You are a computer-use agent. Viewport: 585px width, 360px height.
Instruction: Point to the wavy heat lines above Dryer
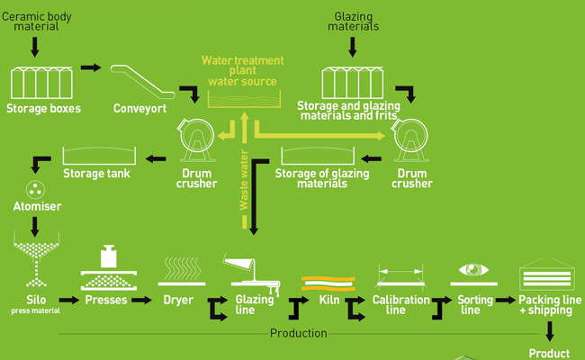(x=178, y=269)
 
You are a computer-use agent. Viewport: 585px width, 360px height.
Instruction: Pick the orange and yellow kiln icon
(x=328, y=280)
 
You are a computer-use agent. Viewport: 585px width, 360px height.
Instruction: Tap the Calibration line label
(x=396, y=304)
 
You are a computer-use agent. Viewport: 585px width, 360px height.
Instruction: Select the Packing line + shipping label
(x=545, y=304)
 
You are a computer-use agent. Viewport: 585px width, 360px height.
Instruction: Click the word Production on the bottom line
(x=299, y=333)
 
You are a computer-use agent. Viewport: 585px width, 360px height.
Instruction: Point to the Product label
(x=549, y=354)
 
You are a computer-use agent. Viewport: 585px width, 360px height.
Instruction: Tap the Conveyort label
(x=140, y=110)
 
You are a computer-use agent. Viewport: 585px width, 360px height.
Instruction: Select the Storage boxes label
(x=43, y=110)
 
